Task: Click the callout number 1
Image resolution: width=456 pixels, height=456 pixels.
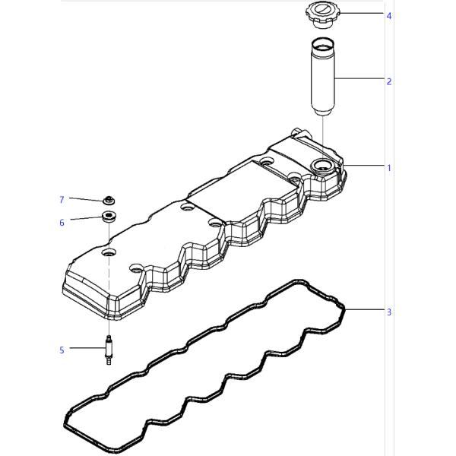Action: (x=389, y=167)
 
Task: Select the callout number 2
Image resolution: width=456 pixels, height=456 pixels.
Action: (x=389, y=81)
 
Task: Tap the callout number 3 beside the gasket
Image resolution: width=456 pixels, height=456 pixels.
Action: (x=389, y=312)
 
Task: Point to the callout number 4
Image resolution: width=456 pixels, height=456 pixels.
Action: (x=389, y=15)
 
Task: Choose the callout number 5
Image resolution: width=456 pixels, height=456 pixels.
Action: (x=62, y=350)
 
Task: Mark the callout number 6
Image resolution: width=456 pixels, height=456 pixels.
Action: (x=62, y=223)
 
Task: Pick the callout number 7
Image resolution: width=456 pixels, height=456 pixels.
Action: (x=62, y=200)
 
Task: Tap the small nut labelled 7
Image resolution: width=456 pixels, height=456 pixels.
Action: (x=109, y=201)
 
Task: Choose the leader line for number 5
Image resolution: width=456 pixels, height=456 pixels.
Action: (x=86, y=349)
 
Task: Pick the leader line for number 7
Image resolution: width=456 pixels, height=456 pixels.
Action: (x=85, y=199)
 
